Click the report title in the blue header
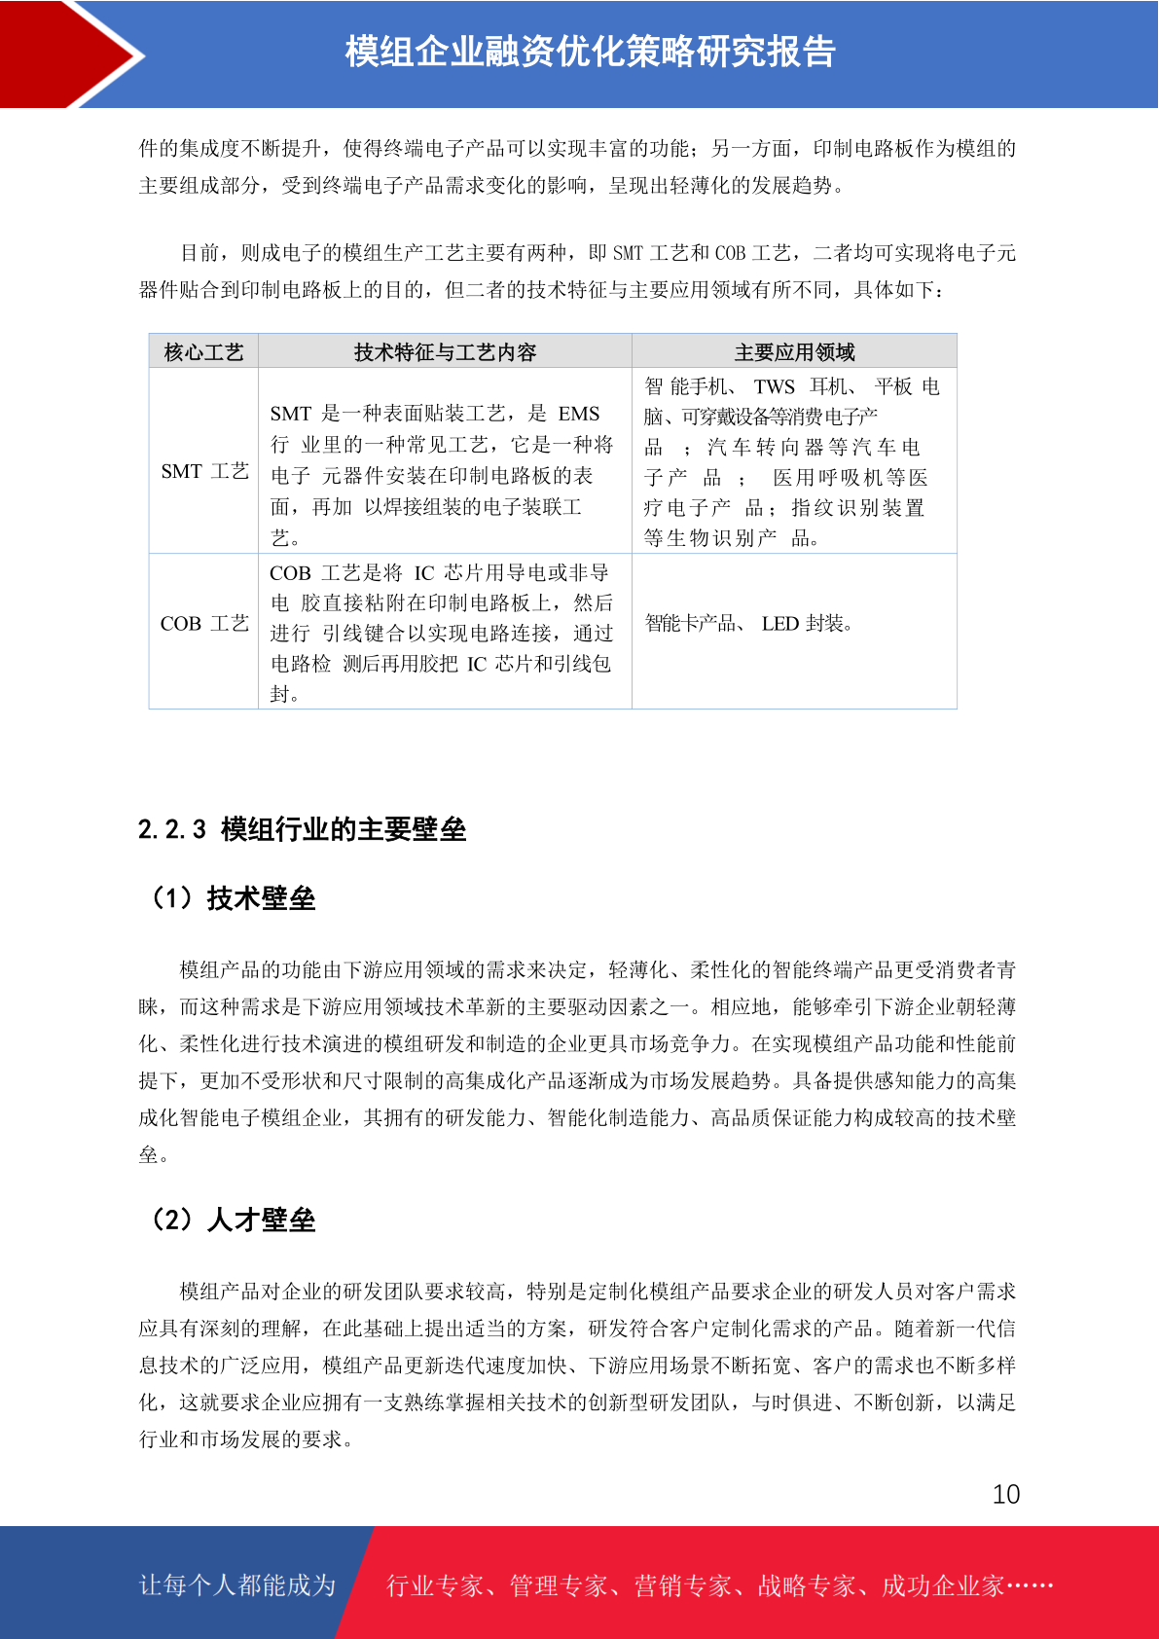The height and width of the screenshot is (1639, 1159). [590, 53]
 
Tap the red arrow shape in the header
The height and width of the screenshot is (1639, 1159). [68, 54]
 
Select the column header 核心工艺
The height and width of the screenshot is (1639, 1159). [203, 352]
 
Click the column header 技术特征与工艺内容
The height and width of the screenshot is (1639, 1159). [445, 352]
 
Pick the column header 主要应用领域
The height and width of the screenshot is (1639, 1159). [794, 352]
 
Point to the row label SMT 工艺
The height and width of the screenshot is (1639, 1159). [204, 471]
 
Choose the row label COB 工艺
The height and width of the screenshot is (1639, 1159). [204, 623]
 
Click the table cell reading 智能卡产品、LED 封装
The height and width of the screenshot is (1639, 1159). [748, 623]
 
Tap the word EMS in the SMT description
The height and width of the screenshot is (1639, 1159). [579, 414]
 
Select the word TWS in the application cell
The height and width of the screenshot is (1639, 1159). [774, 386]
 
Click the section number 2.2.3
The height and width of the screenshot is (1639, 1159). [171, 829]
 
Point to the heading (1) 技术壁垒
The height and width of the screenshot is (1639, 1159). [233, 897]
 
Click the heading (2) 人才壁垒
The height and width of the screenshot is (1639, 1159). [233, 1220]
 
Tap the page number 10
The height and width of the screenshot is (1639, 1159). [1005, 1494]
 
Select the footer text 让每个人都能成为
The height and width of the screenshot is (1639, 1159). [237, 1585]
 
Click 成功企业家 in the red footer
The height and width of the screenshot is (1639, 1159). [942, 1586]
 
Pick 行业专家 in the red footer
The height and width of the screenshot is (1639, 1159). [435, 1586]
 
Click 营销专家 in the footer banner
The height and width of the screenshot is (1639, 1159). [682, 1586]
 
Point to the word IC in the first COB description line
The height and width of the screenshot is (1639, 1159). [424, 573]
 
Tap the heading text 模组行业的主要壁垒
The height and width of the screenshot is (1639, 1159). [344, 829]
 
